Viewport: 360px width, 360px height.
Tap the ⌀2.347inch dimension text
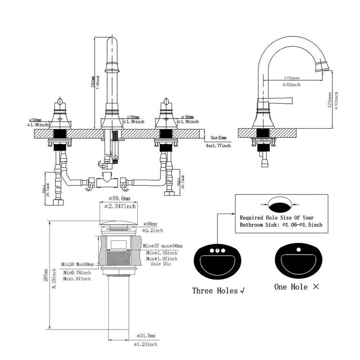120,206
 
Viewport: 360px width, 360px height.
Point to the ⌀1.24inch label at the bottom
145,344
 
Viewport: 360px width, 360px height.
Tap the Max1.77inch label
218,145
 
